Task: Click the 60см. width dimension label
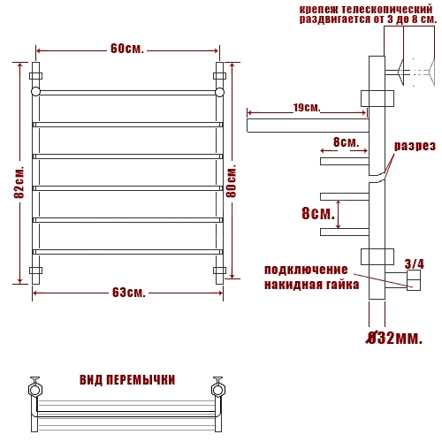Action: click(127, 49)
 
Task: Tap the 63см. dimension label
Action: click(129, 293)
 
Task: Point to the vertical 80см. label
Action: click(232, 180)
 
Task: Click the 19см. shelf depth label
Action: click(307, 108)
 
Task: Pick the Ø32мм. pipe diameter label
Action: click(394, 338)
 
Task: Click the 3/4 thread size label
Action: click(415, 264)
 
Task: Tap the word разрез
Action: click(415, 146)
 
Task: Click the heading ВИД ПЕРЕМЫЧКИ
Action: click(127, 380)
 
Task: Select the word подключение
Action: click(306, 270)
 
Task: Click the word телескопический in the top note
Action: click(387, 10)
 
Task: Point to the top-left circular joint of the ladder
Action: click(35, 92)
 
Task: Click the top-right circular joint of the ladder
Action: click(219, 92)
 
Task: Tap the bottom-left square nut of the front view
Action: click(35, 271)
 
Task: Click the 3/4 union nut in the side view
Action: click(414, 280)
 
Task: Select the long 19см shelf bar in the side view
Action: click(308, 126)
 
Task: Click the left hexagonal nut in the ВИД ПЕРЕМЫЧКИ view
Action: click(35, 390)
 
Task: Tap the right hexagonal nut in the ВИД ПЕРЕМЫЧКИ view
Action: click(218, 390)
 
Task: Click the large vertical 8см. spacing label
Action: click(318, 213)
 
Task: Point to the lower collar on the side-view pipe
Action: click(377, 256)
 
